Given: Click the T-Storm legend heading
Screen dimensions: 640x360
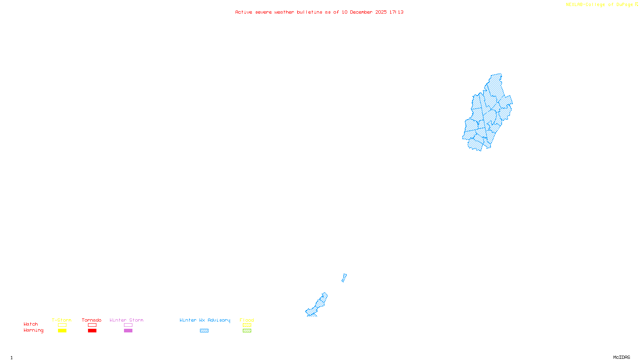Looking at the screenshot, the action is click(x=62, y=320).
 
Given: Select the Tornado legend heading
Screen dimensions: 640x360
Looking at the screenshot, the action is click(x=92, y=320).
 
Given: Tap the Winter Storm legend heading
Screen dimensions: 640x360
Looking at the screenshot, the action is click(x=126, y=320).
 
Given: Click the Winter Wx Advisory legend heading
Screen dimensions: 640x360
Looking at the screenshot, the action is click(x=205, y=320).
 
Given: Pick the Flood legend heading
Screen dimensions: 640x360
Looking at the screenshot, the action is click(x=247, y=320).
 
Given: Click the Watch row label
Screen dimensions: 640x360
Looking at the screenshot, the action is click(x=31, y=324).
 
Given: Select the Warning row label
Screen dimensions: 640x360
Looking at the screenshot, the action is click(x=34, y=330).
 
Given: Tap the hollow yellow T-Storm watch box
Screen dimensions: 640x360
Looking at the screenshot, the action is click(x=62, y=325).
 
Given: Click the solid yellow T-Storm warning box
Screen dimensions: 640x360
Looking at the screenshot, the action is click(x=62, y=331).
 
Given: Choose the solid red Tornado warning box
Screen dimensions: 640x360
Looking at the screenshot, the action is click(x=92, y=331).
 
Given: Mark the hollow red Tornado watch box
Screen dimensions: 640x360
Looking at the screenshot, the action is click(x=92, y=325).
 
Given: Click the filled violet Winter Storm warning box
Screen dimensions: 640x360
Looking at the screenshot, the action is click(x=128, y=331).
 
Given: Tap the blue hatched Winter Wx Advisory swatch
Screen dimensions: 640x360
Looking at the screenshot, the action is click(x=204, y=331).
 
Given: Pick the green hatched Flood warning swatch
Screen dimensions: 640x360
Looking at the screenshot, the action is click(x=247, y=331).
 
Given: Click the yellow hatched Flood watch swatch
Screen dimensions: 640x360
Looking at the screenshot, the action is click(x=247, y=325).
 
